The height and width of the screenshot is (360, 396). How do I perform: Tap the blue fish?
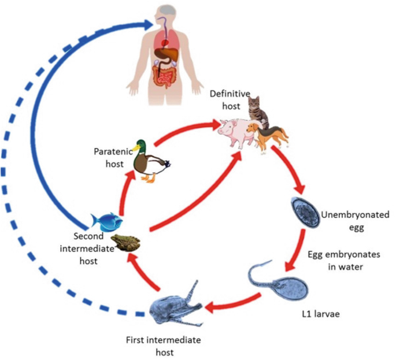coord(108,221)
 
